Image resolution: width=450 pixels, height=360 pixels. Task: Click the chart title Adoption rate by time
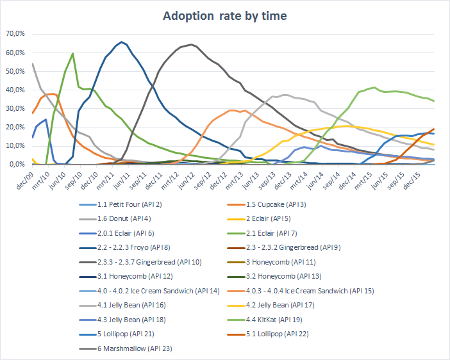point(224,15)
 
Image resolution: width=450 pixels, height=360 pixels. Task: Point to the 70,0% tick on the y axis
point(14,33)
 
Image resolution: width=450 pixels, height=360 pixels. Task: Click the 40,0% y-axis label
point(14,90)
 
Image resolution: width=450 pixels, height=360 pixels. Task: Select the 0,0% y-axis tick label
point(16,165)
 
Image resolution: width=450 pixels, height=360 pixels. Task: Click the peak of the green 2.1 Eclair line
point(73,53)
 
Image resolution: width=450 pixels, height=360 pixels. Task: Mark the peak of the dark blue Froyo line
point(122,42)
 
